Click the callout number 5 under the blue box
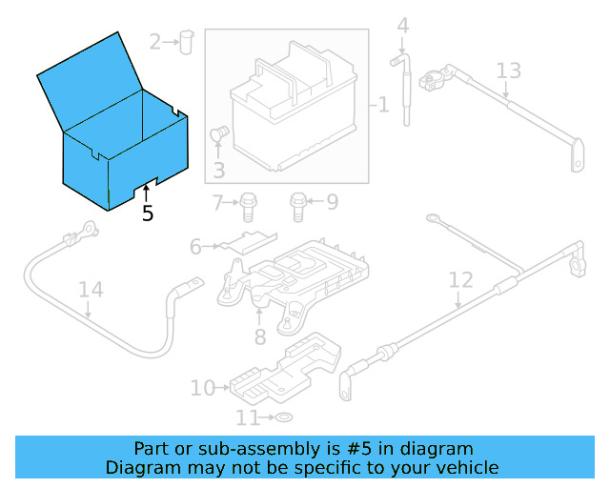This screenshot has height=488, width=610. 147,213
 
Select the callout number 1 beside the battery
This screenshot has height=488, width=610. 383,104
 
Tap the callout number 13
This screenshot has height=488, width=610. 509,71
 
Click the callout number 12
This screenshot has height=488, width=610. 460,280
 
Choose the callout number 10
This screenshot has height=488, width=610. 203,388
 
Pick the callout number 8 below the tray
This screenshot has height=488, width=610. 259,335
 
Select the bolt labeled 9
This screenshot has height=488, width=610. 297,202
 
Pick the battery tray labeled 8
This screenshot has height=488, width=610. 295,281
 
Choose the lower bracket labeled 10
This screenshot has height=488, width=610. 286,372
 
